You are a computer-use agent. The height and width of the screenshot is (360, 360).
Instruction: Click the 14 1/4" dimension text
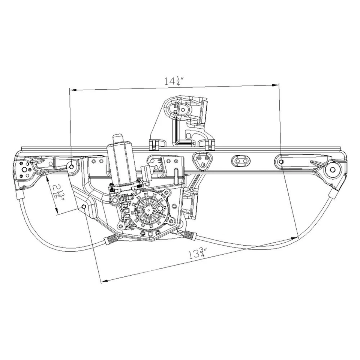coord(173,81)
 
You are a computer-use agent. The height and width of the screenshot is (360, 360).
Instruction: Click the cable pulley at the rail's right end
coord(333,169)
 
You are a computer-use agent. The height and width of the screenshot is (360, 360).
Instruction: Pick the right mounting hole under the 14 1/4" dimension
coord(281,161)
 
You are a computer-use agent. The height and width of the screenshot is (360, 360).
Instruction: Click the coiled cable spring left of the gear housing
coord(110,240)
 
